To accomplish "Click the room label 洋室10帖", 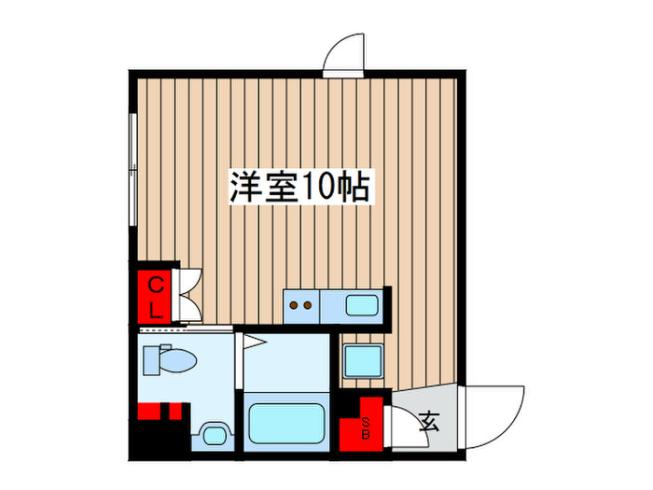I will point(300,187).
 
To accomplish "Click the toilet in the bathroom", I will point(173,360).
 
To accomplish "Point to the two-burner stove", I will point(302,303).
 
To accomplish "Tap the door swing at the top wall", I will point(343,54).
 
